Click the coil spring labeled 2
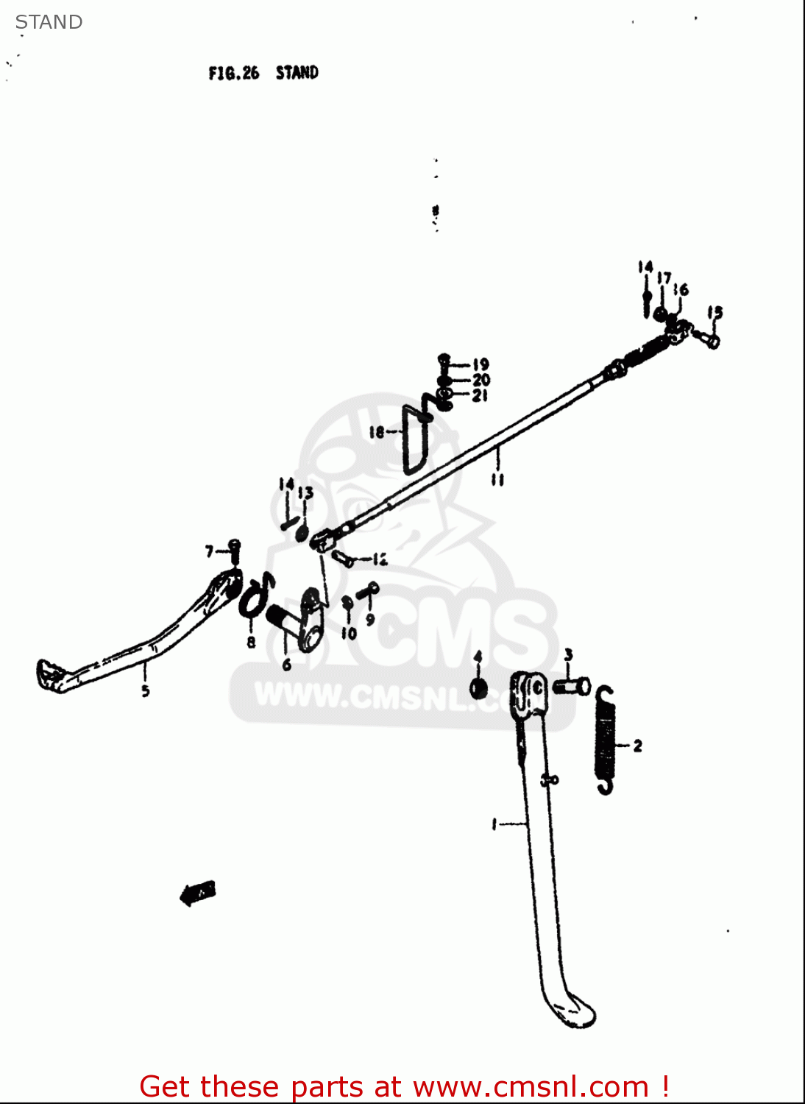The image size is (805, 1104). click(605, 740)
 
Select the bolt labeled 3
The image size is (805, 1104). click(571, 687)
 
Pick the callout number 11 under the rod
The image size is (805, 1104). click(497, 480)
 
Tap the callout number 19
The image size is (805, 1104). click(480, 364)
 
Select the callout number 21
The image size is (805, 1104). click(480, 396)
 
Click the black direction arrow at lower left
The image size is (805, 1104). click(197, 893)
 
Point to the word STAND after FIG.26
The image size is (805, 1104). click(297, 73)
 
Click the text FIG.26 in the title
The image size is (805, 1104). click(233, 73)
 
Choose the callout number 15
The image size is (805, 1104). click(715, 313)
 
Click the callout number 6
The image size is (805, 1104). click(286, 665)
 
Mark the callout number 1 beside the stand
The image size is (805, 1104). click(494, 824)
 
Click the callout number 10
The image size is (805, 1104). click(349, 633)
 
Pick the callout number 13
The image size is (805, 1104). click(306, 492)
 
